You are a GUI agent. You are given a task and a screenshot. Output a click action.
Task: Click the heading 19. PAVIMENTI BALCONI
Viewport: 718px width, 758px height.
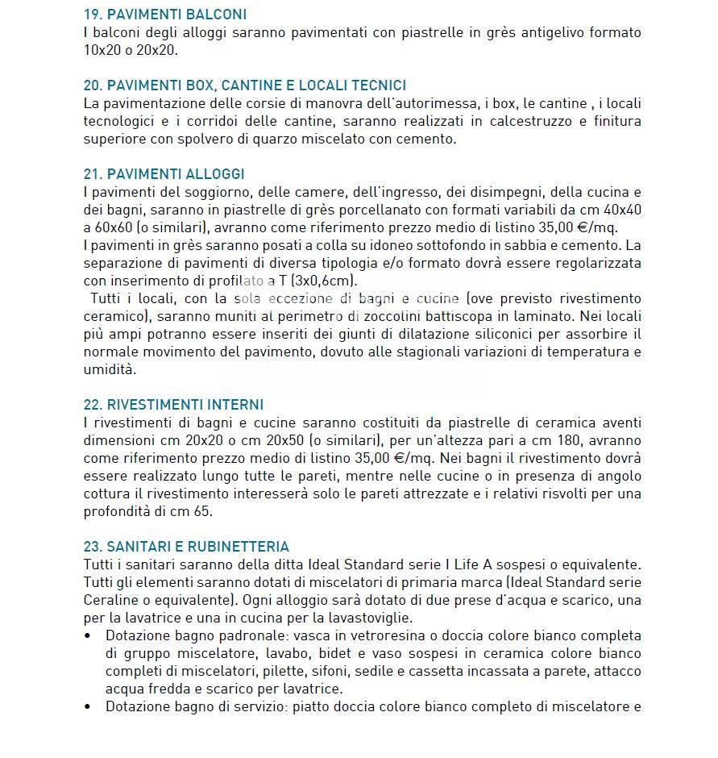point(165,15)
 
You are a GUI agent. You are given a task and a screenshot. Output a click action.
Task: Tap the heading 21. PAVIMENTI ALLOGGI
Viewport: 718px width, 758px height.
point(164,174)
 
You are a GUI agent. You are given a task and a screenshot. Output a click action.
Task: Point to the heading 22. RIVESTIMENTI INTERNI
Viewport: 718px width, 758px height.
point(173,405)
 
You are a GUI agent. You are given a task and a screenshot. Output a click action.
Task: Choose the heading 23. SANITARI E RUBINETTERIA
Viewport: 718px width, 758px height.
point(186,547)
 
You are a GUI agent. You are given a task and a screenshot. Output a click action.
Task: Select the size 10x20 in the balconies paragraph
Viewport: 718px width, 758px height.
point(101,50)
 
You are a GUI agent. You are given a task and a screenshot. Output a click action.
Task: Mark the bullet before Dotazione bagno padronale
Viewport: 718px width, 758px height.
point(88,635)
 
